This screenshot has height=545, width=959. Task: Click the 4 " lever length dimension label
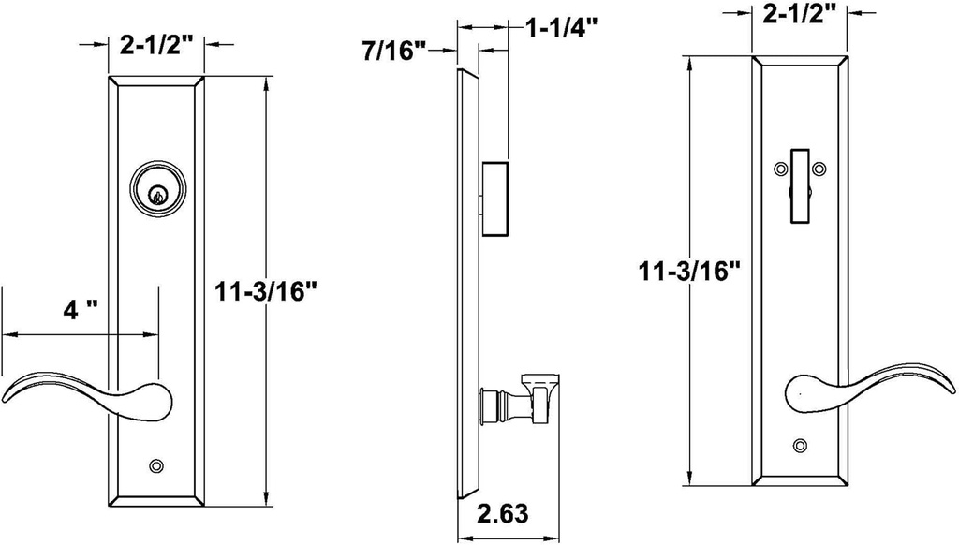pyautogui.click(x=81, y=310)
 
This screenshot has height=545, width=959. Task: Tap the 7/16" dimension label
pyautogui.click(x=393, y=51)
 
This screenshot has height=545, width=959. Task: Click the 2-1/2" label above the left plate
pyautogui.click(x=156, y=45)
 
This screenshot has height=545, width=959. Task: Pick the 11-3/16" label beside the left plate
pyautogui.click(x=266, y=291)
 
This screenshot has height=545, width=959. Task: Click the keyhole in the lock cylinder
pyautogui.click(x=157, y=196)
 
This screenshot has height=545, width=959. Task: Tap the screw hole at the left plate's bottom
pyautogui.click(x=157, y=466)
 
